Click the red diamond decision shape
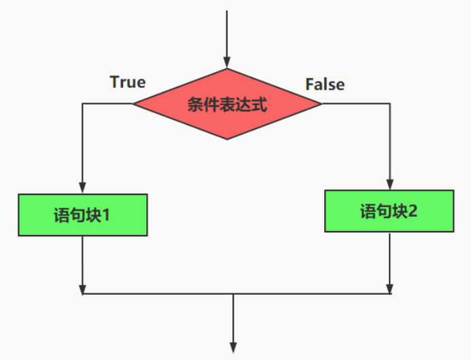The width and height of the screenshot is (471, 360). (226, 104)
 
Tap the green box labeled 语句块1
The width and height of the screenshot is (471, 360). (82, 215)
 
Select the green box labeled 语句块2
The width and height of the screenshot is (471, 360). (388, 211)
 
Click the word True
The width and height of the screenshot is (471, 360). (128, 82)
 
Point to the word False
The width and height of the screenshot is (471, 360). (325, 84)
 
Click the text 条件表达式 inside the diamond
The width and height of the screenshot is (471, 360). (227, 105)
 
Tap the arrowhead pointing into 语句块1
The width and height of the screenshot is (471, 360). (82, 188)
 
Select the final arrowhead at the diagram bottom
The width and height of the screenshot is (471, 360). (233, 347)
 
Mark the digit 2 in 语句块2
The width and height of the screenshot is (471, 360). (413, 211)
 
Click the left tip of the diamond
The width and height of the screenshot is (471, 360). (133, 104)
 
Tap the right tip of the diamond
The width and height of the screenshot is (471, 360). (321, 104)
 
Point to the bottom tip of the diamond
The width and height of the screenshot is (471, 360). (227, 139)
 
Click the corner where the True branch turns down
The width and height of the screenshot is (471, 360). (82, 104)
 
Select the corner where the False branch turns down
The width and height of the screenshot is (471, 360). (389, 104)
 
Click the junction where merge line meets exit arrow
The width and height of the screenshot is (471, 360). (233, 294)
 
